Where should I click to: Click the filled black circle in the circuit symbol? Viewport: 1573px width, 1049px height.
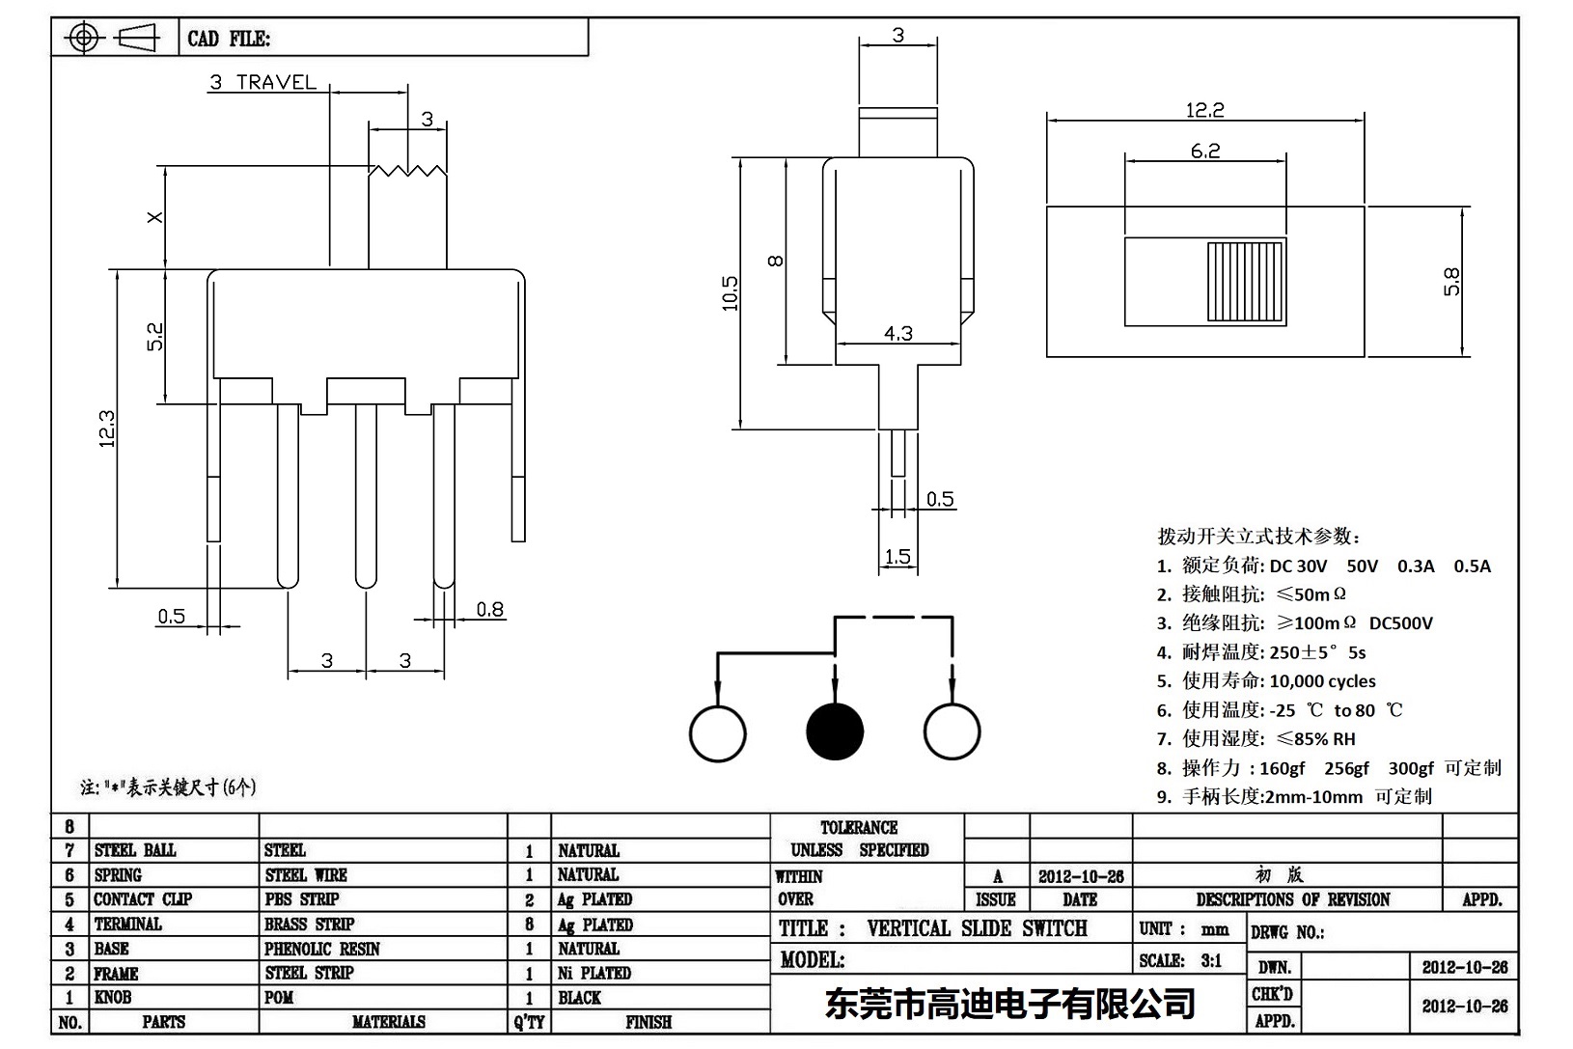tap(835, 731)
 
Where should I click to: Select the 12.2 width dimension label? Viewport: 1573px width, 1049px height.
tap(1204, 110)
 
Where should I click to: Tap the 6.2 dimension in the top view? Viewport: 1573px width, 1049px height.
tap(1204, 151)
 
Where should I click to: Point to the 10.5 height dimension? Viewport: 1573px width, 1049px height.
tap(730, 293)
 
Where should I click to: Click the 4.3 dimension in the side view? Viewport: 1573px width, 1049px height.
tap(897, 333)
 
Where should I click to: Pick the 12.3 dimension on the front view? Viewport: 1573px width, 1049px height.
tap(106, 429)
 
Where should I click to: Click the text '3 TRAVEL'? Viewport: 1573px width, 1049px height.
tap(262, 83)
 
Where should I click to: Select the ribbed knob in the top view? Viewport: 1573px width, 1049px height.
tap(1247, 281)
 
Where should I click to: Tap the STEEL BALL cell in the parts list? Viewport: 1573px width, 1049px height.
tap(135, 850)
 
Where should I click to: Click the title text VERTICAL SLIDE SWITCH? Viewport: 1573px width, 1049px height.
tap(977, 928)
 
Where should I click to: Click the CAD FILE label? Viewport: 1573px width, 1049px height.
tap(229, 39)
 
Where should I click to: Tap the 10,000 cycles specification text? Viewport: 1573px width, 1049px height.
tap(1322, 681)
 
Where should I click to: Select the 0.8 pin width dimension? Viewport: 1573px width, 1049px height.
tap(489, 609)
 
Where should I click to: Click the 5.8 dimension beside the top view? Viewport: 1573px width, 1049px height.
tap(1451, 282)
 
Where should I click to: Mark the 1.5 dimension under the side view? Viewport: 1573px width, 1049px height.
tap(897, 557)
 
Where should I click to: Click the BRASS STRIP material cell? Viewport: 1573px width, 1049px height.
tap(309, 924)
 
